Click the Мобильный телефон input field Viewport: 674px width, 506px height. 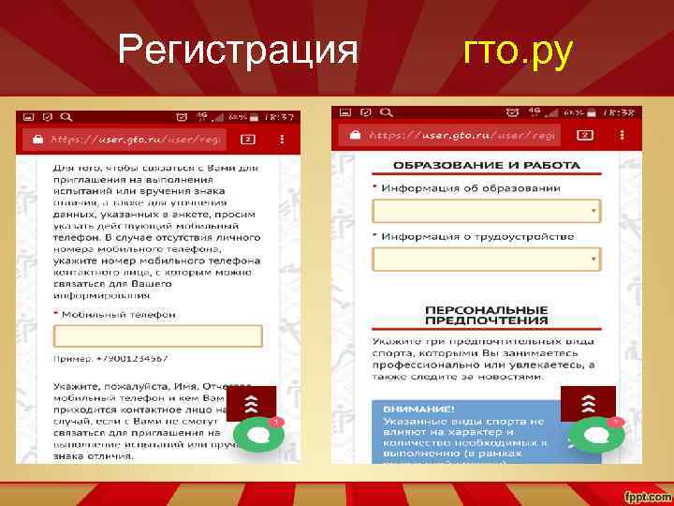(x=157, y=336)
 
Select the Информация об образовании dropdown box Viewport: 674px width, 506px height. (x=486, y=212)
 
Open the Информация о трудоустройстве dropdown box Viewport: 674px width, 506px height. (x=486, y=259)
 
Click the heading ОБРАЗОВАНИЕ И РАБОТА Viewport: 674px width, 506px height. (x=486, y=165)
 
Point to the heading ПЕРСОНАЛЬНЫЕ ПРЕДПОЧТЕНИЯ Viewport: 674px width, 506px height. (x=486, y=314)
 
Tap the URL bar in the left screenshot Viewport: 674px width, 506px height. (x=131, y=139)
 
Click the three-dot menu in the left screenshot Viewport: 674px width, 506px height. (x=282, y=139)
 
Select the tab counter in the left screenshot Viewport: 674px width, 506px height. (x=248, y=139)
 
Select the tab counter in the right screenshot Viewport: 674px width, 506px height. (x=581, y=135)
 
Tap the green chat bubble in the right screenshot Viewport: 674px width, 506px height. (x=591, y=435)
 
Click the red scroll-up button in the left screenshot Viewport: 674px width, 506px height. (x=251, y=404)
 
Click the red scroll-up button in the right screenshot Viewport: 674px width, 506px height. (x=587, y=404)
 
